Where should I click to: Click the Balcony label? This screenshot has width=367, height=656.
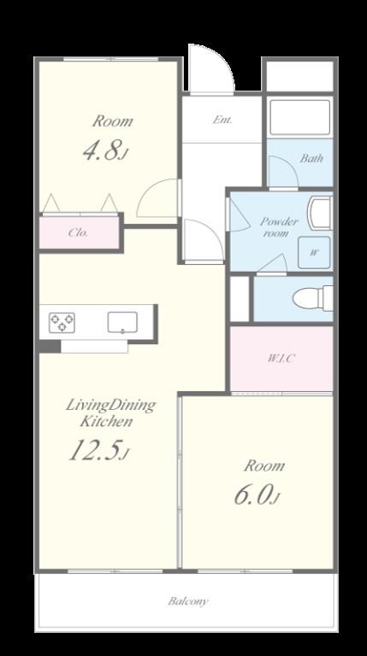tap(188, 601)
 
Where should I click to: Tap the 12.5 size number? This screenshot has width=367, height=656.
tap(98, 451)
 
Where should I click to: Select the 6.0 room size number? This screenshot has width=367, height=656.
tap(257, 495)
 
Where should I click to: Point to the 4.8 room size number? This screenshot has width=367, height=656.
tap(104, 150)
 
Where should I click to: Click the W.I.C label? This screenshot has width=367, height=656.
tap(281, 359)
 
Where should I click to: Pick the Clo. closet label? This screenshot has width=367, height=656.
tap(79, 232)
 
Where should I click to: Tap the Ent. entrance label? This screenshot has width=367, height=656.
tap(222, 120)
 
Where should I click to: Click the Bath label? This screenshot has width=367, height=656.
tap(311, 159)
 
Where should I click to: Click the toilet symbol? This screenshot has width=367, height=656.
tap(313, 298)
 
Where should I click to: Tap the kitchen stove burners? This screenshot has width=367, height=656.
tap(62, 323)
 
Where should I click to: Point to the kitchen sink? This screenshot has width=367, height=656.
tap(122, 323)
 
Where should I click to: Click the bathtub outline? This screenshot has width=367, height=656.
tap(299, 117)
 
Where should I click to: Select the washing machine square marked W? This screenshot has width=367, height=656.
tap(314, 253)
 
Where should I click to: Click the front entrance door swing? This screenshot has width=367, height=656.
tap(210, 68)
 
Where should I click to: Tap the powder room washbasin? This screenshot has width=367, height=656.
tap(320, 213)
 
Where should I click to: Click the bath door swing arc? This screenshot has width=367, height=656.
tap(283, 172)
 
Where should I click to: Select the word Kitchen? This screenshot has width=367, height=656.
tap(106, 421)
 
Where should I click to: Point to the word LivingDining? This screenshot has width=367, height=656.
tap(111, 406)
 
